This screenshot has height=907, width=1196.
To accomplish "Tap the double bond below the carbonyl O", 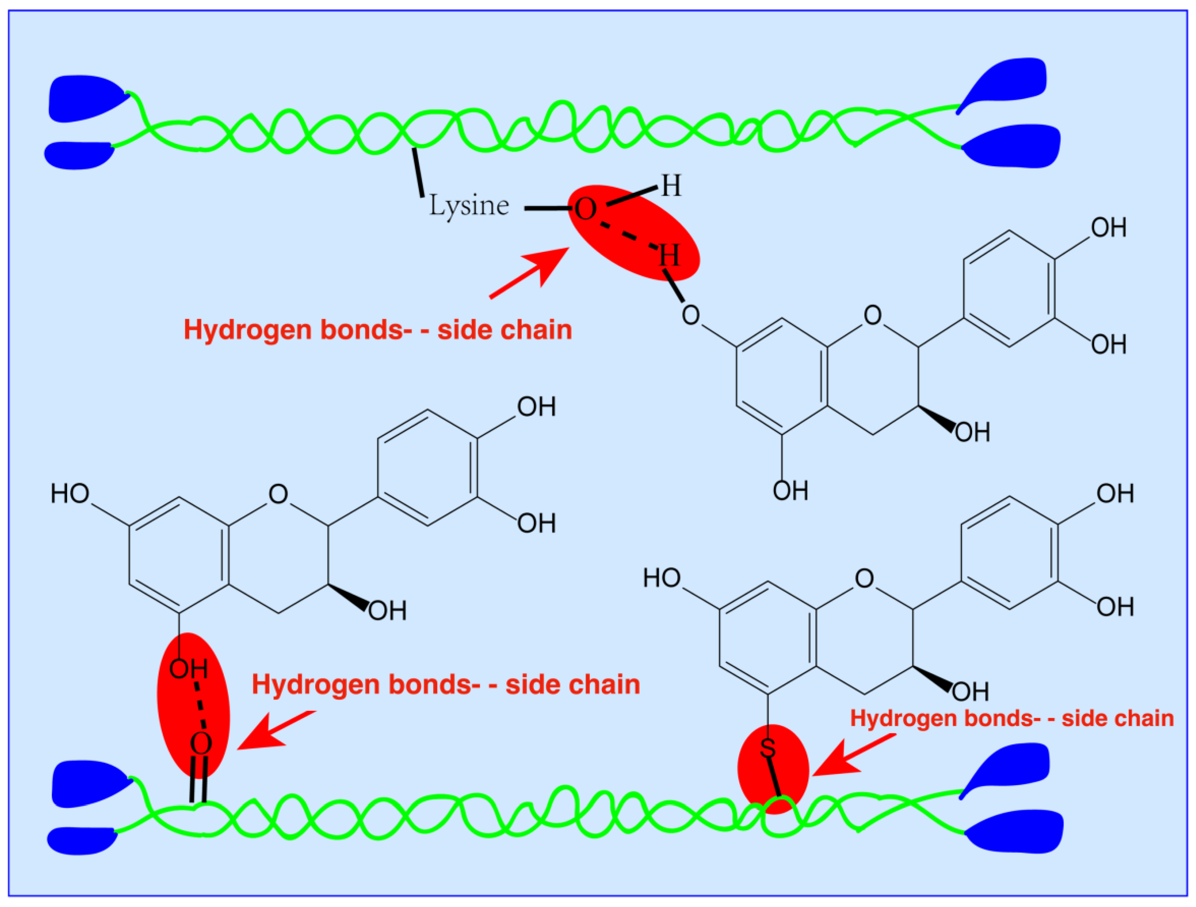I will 199,779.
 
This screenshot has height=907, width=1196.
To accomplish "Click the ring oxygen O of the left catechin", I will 278,494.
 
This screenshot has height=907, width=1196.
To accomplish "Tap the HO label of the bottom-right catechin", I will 662,578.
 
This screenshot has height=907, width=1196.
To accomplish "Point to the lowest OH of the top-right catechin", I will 790,491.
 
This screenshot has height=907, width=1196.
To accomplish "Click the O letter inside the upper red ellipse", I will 585,209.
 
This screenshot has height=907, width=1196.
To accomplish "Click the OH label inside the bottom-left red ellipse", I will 188,669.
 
